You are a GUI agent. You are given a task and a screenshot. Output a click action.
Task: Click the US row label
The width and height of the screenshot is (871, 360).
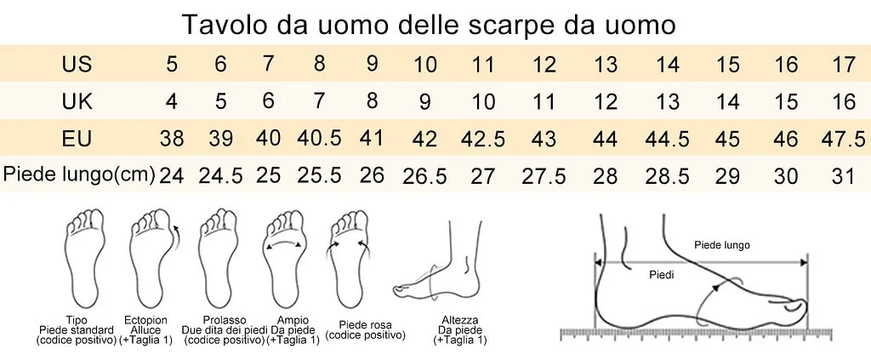tap(77, 65)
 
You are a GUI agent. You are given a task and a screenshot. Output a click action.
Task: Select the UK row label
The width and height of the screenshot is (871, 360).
tap(77, 101)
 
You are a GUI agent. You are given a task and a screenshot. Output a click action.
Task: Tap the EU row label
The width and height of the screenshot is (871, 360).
tap(77, 139)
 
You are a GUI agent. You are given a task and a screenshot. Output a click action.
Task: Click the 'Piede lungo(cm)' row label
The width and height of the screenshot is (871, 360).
tap(78, 175)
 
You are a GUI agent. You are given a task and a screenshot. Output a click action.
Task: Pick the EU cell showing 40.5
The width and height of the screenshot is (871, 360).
tap(319, 138)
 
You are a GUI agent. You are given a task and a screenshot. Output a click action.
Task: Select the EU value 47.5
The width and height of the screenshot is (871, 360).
tap(843, 139)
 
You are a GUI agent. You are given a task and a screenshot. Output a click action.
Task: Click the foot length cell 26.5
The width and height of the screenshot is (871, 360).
tap(425, 177)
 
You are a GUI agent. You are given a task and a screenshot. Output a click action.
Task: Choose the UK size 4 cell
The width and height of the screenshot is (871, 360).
tap(172, 101)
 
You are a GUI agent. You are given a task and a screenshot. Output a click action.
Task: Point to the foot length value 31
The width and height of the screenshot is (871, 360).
tap(844, 177)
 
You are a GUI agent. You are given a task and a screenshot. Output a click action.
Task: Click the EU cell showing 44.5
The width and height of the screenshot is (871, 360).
tap(667, 139)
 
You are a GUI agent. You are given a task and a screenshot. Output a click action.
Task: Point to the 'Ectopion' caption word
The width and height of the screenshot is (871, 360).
tap(145, 321)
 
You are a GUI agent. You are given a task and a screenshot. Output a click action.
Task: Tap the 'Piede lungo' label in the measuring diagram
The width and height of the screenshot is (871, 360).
tap(722, 245)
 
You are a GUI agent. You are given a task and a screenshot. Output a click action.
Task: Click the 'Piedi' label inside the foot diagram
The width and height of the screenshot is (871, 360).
tap(662, 274)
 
